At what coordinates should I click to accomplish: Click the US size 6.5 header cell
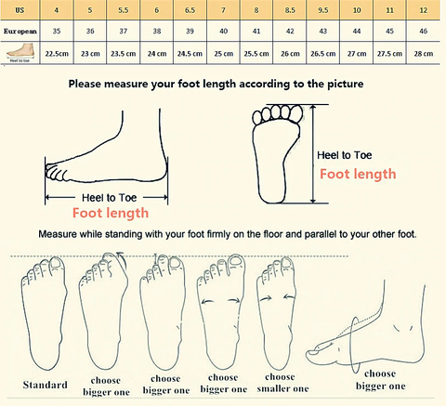190,10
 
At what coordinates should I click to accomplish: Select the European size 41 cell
256,31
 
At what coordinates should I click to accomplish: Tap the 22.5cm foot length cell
57,54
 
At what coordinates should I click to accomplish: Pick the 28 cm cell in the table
424,54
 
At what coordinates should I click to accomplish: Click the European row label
20,31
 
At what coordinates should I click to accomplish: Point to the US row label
20,10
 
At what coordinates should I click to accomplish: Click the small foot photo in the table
20,52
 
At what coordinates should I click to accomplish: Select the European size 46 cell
424,31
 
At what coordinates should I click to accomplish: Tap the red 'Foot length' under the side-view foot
111,213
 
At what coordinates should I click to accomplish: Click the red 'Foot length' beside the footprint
358,174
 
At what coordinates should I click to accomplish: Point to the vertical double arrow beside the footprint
313,154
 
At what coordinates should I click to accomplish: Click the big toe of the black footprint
296,114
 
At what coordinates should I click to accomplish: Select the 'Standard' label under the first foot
46,385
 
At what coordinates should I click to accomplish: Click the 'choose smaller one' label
282,383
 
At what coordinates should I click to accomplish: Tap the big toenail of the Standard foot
56,263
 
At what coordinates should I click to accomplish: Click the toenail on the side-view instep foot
314,351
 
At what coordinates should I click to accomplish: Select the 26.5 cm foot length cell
323,54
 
